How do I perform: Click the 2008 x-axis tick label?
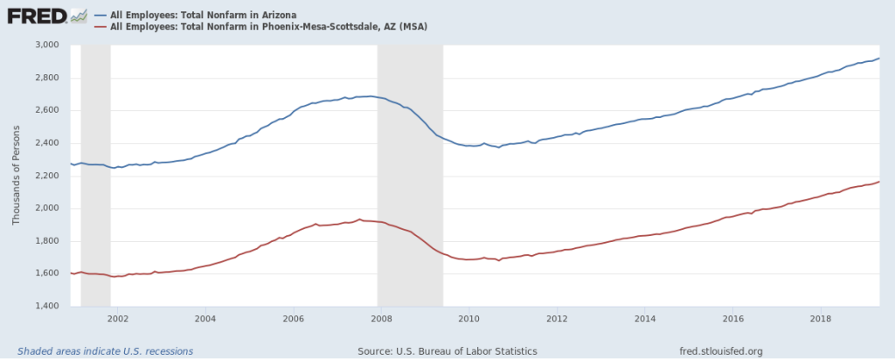(x=380, y=318)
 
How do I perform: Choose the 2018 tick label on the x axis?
(x=821, y=318)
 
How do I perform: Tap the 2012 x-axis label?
(x=557, y=318)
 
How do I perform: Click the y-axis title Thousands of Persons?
(x=16, y=175)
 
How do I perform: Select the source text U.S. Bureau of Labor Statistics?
(x=447, y=351)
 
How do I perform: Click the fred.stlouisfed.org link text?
(x=721, y=351)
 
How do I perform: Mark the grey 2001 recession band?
(x=95, y=175)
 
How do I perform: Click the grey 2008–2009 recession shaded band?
(x=410, y=175)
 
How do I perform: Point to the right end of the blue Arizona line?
(x=878, y=59)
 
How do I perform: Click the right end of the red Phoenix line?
(x=878, y=182)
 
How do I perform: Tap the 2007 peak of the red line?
(x=359, y=219)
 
